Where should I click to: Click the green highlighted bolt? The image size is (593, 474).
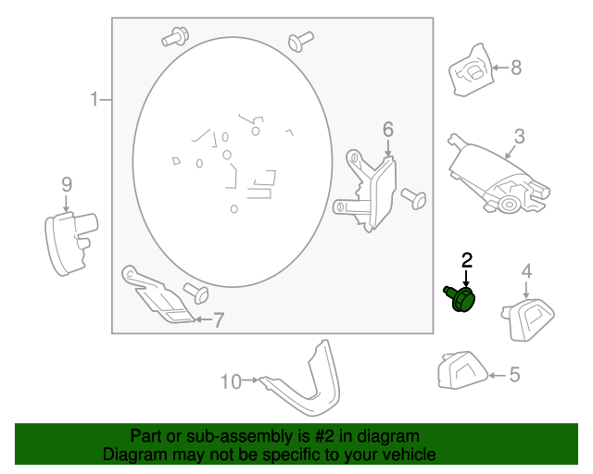pyautogui.click(x=460, y=298)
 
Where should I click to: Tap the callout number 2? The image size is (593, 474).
pyautogui.click(x=467, y=261)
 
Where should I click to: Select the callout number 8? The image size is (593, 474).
pyautogui.click(x=516, y=68)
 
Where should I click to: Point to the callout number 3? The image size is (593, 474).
pyautogui.click(x=520, y=136)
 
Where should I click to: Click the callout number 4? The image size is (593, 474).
pyautogui.click(x=526, y=271)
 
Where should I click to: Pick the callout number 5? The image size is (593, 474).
pyautogui.click(x=515, y=375)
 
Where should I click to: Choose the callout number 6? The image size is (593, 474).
pyautogui.click(x=388, y=130)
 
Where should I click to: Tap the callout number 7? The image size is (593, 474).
pyautogui.click(x=219, y=320)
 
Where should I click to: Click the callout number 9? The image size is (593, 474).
pyautogui.click(x=67, y=185)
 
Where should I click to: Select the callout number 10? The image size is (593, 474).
pyautogui.click(x=231, y=382)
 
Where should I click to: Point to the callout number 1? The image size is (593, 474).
pyautogui.click(x=95, y=99)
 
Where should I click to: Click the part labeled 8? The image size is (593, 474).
pyautogui.click(x=471, y=70)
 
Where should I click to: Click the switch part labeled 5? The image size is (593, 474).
pyautogui.click(x=462, y=370)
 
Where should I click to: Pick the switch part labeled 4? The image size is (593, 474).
pyautogui.click(x=528, y=319)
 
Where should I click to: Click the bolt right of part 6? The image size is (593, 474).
pyautogui.click(x=414, y=198)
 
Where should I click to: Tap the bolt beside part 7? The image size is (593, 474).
pyautogui.click(x=196, y=293)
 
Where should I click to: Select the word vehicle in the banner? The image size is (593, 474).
pyautogui.click(x=410, y=455)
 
